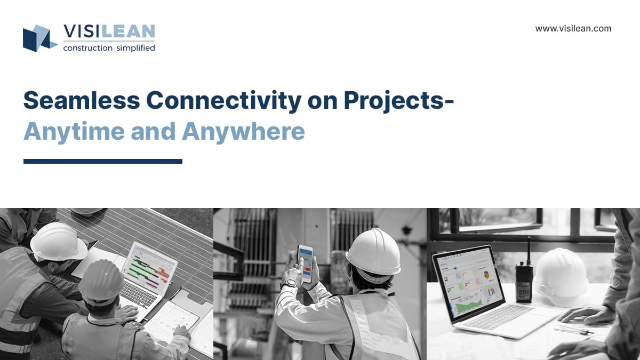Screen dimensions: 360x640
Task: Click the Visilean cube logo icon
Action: (38, 38)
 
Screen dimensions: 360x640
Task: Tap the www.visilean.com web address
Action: (573, 29)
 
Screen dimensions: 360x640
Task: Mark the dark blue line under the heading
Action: (103, 161)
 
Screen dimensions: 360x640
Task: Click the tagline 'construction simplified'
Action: (109, 48)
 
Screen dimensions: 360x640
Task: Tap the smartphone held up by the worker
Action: (305, 263)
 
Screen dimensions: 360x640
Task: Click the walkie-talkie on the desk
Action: (524, 280)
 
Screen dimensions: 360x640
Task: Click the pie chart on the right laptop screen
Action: (486, 275)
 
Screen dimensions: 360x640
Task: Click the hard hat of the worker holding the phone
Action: (373, 254)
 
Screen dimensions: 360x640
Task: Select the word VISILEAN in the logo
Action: (109, 32)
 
